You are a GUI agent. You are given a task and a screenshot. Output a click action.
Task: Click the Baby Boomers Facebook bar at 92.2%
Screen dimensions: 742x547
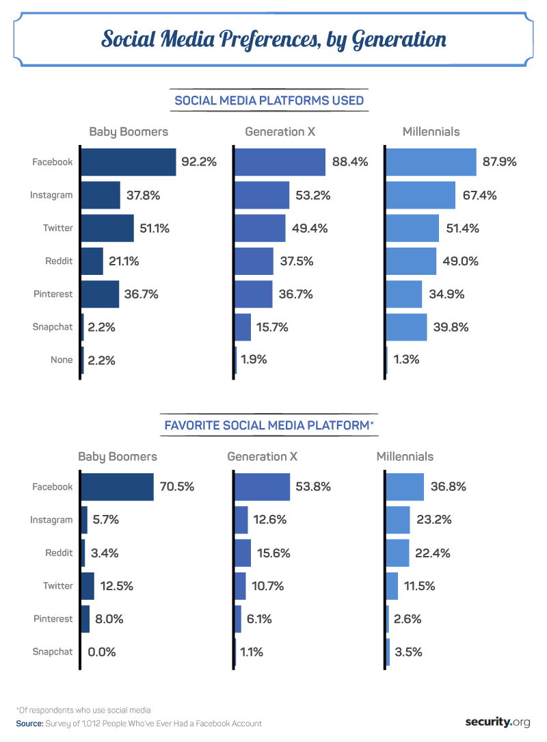point(128,162)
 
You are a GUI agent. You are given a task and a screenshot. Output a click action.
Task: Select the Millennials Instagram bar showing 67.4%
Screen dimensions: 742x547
point(421,195)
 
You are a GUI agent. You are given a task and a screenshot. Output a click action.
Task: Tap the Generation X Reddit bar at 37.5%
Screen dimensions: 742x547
point(254,261)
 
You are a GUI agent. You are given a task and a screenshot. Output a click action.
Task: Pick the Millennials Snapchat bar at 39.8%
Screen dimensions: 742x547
point(406,327)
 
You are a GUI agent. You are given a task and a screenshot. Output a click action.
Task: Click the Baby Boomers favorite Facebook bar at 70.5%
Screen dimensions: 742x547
point(117,487)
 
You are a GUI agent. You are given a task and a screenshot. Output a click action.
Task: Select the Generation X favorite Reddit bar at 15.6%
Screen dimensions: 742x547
point(243,553)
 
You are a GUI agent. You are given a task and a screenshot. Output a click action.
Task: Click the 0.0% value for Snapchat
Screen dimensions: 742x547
point(102,652)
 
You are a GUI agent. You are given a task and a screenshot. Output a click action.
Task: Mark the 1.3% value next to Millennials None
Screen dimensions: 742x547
point(406,360)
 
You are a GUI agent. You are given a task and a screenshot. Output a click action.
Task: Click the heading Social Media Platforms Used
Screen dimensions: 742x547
point(269,101)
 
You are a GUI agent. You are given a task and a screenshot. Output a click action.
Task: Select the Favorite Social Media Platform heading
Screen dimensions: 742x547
point(269,426)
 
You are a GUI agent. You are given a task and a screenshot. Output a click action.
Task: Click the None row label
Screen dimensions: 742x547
point(62,360)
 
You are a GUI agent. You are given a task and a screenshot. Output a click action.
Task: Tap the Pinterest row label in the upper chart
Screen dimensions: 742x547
point(53,294)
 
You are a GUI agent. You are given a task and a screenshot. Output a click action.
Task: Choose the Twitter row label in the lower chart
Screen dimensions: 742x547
point(57,585)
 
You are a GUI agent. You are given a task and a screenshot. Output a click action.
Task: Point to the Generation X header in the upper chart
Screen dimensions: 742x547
point(280,132)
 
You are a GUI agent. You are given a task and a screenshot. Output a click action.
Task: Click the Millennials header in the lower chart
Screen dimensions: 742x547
point(405,456)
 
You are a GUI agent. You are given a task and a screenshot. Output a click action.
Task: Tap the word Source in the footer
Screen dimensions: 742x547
point(30,723)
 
